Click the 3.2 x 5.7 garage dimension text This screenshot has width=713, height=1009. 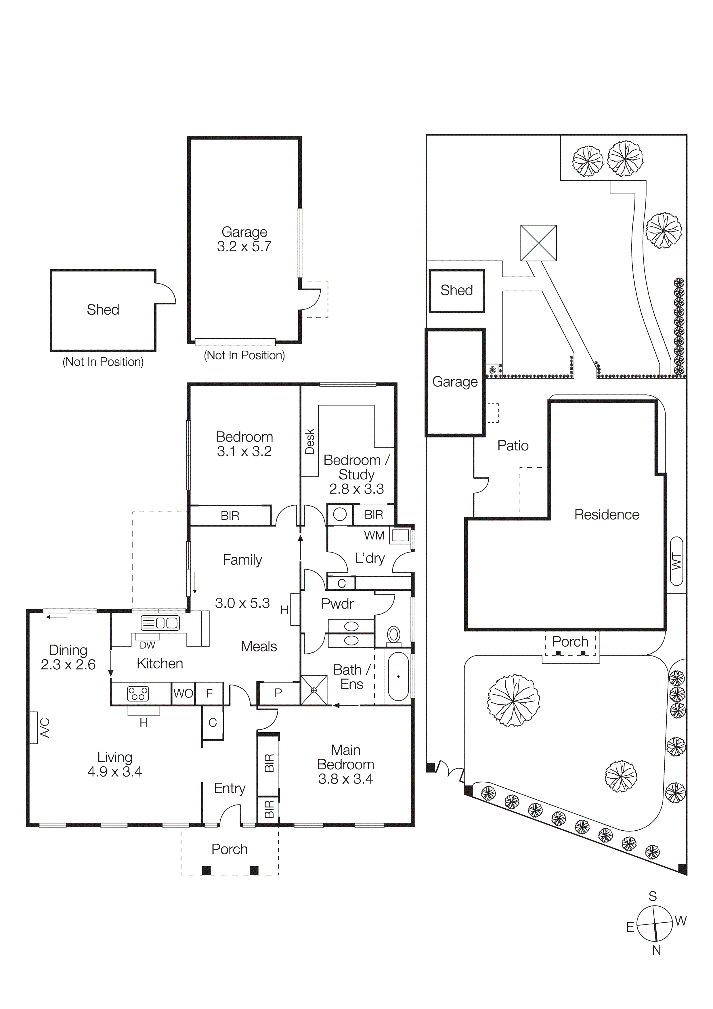244,246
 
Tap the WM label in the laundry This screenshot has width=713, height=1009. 374,535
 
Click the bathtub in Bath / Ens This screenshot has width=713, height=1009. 398,676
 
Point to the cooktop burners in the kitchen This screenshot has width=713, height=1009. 138,693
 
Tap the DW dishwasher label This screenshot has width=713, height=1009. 147,645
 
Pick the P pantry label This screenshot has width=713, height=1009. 278,693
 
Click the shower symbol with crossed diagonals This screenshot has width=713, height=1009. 314,690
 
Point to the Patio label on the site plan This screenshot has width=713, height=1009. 512,446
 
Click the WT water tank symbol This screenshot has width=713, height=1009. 676,561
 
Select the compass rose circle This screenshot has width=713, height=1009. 654,923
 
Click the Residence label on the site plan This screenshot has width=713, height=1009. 606,515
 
